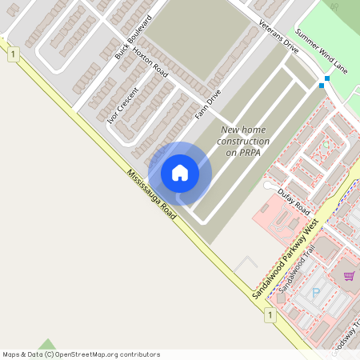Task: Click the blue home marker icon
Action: (180, 172)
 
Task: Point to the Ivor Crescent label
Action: (122, 104)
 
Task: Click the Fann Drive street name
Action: (208, 105)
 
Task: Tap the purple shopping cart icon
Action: (349, 277)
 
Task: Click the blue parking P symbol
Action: (315, 294)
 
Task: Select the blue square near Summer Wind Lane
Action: (323, 84)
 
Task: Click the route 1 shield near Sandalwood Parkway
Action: (271, 316)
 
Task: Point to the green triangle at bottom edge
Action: (50, 345)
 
